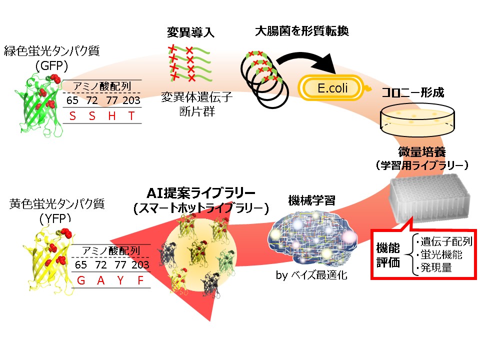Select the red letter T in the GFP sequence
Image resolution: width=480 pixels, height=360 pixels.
pyautogui.click(x=131, y=116)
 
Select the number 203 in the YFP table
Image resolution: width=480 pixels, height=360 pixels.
pyautogui.click(x=140, y=264)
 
